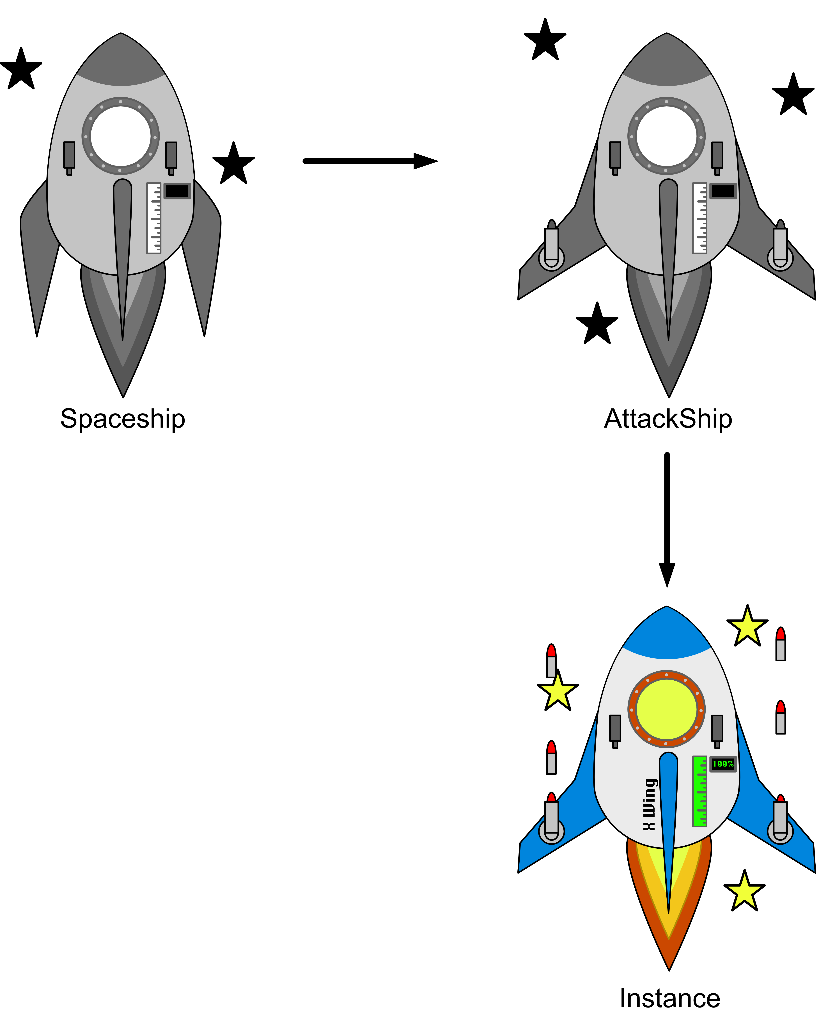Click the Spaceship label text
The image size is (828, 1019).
pyautogui.click(x=123, y=419)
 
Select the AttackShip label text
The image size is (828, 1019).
pyautogui.click(x=668, y=419)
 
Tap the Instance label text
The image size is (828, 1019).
pyautogui.click(x=670, y=998)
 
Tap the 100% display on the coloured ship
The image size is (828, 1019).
pyautogui.click(x=723, y=764)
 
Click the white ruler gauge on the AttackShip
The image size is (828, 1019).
pyautogui.click(x=700, y=218)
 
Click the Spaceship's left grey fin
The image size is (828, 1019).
pyautogui.click(x=38, y=253)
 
